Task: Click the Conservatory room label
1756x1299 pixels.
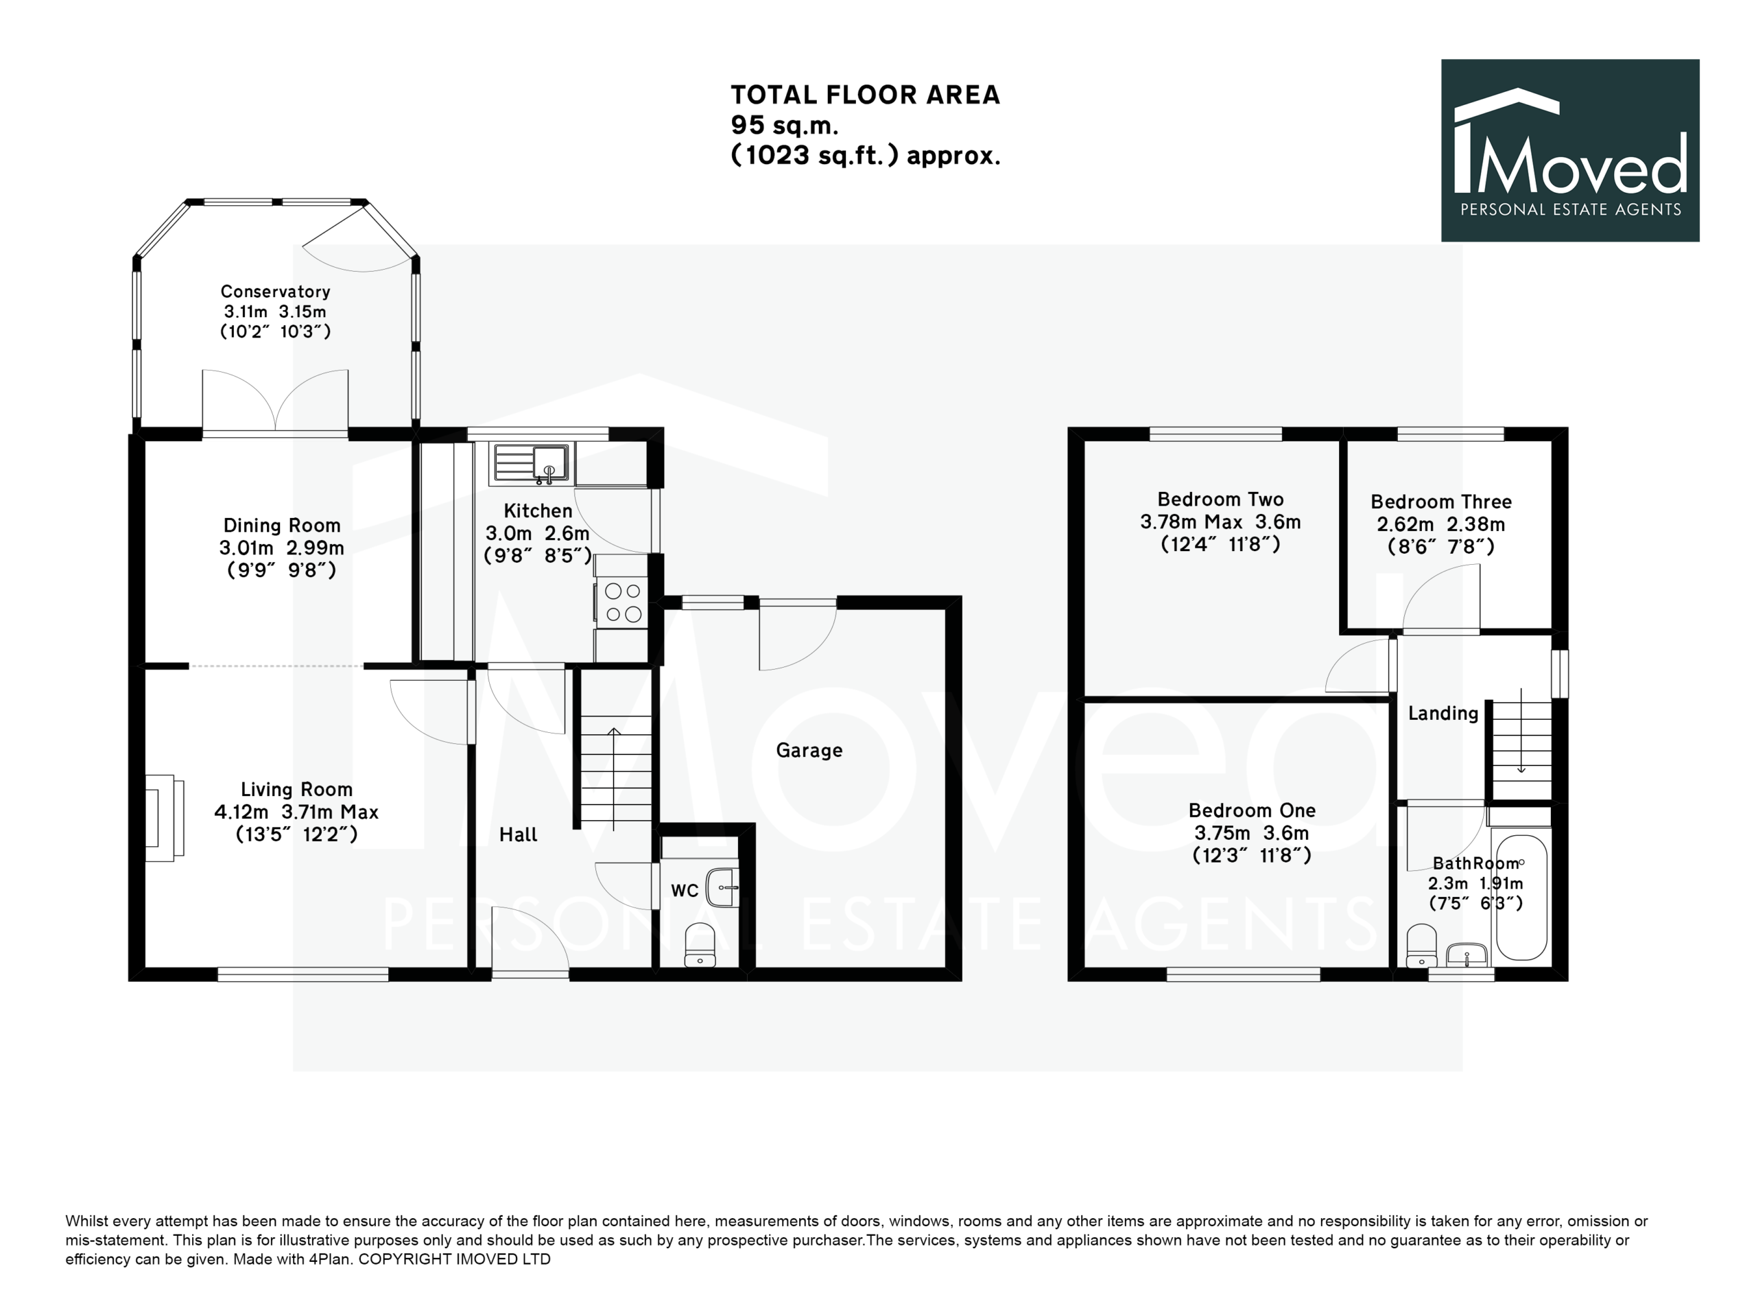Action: [x=275, y=292]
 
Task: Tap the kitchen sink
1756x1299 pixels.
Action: [x=531, y=463]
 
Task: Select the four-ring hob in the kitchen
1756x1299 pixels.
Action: [x=621, y=602]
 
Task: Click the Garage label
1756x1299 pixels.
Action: [x=809, y=750]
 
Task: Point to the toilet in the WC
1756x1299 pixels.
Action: [x=700, y=944]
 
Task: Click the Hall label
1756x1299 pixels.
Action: [x=518, y=834]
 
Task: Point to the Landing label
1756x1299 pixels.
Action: [x=1443, y=713]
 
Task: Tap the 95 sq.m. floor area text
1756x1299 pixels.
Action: [x=785, y=125]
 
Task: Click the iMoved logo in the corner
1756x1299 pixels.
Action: [x=1569, y=150]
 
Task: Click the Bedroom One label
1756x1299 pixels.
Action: [x=1251, y=810]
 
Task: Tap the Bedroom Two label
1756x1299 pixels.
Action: [x=1221, y=500]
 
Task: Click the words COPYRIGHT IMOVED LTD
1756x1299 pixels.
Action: [x=454, y=1259]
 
